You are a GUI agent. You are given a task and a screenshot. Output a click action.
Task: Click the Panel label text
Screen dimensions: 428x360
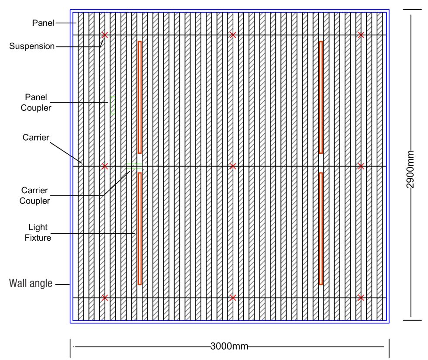[x=43, y=23]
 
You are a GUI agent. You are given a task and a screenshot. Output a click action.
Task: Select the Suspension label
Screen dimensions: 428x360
[x=32, y=46]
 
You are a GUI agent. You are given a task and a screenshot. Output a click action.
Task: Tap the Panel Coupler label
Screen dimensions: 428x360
[x=36, y=102]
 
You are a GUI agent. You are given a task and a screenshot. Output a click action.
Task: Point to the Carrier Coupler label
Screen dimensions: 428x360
[x=35, y=195]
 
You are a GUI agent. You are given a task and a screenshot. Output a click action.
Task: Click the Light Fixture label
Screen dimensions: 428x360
[x=38, y=232]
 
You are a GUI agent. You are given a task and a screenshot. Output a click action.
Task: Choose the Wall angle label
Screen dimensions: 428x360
[x=31, y=284]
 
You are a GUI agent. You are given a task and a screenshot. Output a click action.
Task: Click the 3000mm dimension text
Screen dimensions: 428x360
[x=229, y=346]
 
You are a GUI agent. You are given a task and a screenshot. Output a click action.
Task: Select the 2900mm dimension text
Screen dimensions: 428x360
[x=410, y=170]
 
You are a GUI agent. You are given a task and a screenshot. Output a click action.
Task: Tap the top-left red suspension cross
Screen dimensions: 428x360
[x=105, y=35]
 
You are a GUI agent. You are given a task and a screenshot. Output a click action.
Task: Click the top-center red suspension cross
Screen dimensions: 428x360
[x=233, y=35]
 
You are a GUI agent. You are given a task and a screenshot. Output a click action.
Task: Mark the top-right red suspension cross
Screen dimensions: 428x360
[x=361, y=35]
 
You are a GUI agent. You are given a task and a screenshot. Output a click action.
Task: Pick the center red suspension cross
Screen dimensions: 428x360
[x=233, y=166]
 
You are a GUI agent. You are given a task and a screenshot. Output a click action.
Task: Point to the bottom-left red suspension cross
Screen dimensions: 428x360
[x=105, y=298]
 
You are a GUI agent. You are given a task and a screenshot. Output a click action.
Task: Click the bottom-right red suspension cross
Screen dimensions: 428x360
[x=361, y=298]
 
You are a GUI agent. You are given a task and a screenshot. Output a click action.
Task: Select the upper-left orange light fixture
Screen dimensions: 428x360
[x=140, y=97]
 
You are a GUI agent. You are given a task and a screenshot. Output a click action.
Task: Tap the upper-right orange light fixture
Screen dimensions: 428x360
[x=321, y=97]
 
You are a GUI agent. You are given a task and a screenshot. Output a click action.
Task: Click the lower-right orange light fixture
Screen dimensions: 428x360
[x=321, y=228]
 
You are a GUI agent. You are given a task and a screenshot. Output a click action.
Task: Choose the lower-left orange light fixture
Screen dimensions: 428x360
[x=140, y=228]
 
